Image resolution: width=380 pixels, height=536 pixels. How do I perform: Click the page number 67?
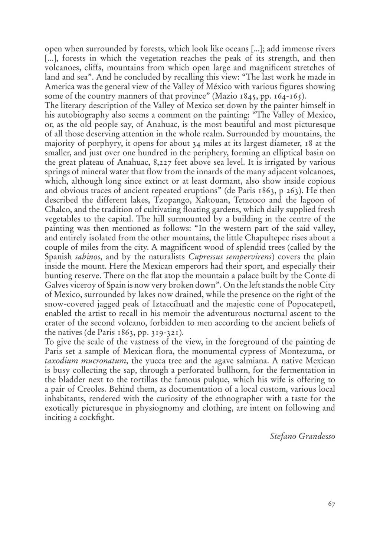pos(331,504)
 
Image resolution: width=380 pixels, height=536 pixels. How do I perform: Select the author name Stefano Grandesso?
pos(302,436)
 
